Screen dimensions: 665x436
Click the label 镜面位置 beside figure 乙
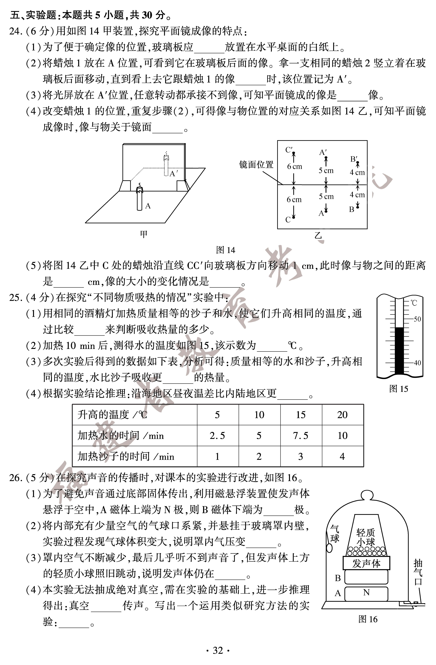tap(256, 165)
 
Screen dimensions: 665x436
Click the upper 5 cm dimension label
tap(326, 170)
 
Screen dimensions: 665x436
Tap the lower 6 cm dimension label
tap(294, 199)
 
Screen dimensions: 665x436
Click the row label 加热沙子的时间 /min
tap(126, 457)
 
